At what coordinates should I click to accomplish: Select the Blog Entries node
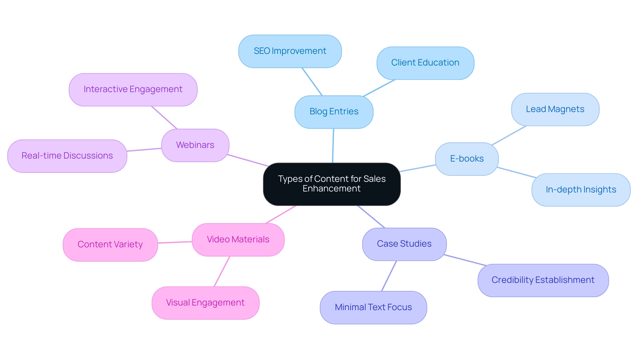click(334, 112)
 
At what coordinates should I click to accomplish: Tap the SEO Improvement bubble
click(290, 51)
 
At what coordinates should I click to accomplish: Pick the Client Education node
click(425, 63)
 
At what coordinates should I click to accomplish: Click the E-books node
click(467, 159)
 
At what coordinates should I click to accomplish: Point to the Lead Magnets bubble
click(555, 109)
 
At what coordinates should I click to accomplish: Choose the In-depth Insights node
click(581, 190)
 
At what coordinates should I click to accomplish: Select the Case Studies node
click(404, 244)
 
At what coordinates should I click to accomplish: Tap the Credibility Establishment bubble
click(543, 280)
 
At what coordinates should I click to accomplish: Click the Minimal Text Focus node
click(373, 307)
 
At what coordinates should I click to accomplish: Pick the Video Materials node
click(238, 240)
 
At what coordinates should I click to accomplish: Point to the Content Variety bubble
click(110, 245)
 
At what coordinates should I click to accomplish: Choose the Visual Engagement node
click(205, 303)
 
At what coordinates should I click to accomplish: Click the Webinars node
click(195, 145)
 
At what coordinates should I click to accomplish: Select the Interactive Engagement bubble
click(133, 89)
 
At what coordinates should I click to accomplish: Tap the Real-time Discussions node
click(67, 156)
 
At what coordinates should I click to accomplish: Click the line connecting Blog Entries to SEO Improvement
click(312, 82)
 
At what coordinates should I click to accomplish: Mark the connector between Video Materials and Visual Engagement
click(222, 271)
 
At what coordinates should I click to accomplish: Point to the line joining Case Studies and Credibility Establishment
click(465, 260)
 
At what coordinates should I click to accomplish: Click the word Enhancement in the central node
click(331, 189)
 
